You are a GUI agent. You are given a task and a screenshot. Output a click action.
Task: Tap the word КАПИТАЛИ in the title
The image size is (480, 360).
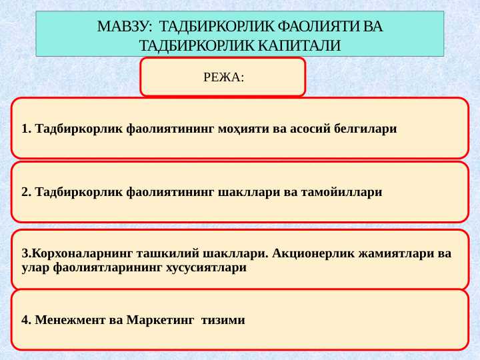[299, 45]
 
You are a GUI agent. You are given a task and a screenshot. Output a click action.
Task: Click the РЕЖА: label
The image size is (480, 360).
[224, 77]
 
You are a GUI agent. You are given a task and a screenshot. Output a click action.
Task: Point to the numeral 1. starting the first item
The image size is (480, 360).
[27, 129]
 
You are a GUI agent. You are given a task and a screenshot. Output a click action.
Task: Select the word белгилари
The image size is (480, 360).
[365, 129]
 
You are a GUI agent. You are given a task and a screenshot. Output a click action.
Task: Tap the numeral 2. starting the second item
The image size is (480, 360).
[27, 192]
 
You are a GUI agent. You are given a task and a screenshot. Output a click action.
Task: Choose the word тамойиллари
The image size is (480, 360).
[341, 193]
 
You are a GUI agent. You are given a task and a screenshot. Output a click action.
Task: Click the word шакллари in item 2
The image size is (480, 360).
[249, 193]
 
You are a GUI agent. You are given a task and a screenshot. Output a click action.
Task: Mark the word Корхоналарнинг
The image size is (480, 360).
[82, 254]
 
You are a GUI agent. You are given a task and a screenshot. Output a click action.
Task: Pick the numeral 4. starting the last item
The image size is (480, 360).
[27, 320]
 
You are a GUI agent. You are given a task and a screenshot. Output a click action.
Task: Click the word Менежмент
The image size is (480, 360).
[71, 320]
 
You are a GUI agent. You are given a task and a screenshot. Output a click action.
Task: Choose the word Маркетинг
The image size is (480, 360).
[160, 321]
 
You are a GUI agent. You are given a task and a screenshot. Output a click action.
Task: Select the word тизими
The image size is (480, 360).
[223, 321]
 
